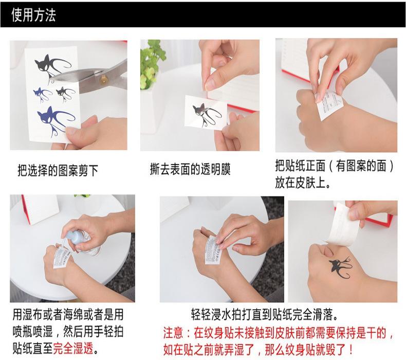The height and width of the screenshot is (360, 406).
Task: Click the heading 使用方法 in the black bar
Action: coord(33,15)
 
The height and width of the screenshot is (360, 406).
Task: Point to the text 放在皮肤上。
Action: coord(303,183)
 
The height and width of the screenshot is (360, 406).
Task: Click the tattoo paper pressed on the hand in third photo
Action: coord(329,103)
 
